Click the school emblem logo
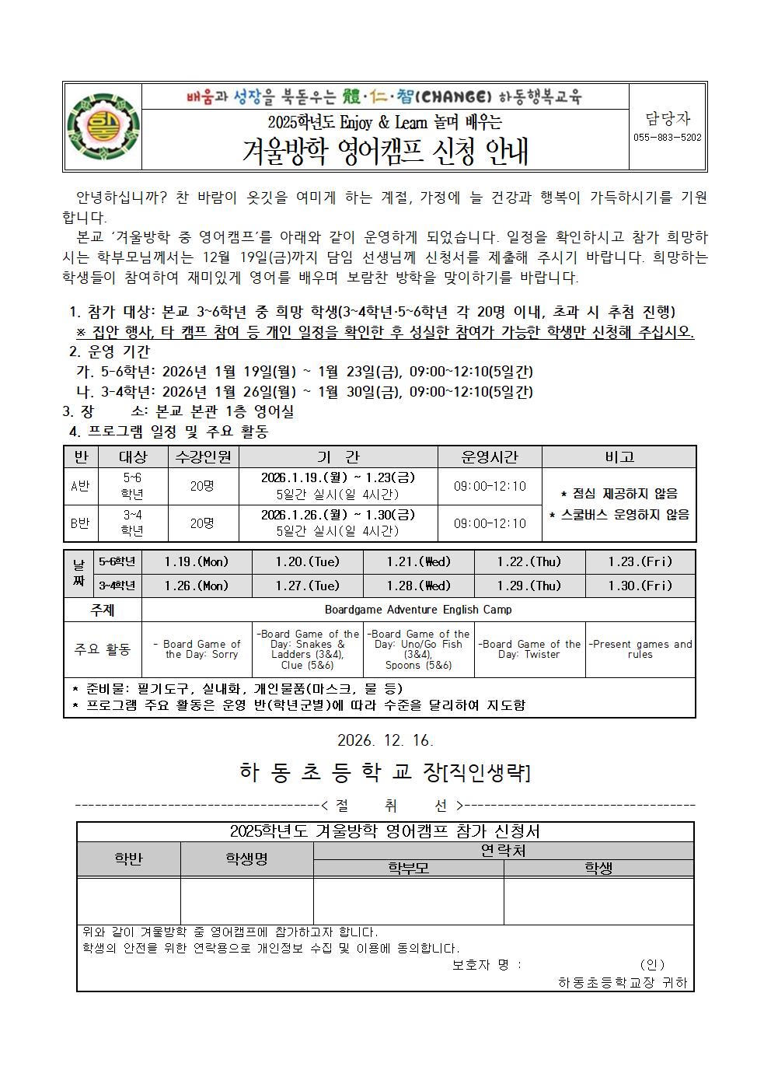pyautogui.click(x=103, y=127)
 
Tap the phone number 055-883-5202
pyautogui.click(x=668, y=138)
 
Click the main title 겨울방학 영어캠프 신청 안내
pyautogui.click(x=385, y=151)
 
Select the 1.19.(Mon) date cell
pyautogui.click(x=197, y=561)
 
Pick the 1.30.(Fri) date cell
pyautogui.click(x=640, y=586)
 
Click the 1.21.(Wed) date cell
pyautogui.click(x=418, y=561)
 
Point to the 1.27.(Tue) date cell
pyautogui.click(x=307, y=586)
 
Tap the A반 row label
pyautogui.click(x=80, y=486)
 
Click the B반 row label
pyautogui.click(x=80, y=523)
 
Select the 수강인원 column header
pyautogui.click(x=202, y=456)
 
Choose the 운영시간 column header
pyautogui.click(x=490, y=456)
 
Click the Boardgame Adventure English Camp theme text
pyautogui.click(x=418, y=610)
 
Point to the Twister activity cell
pyautogui.click(x=529, y=649)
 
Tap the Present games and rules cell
pyautogui.click(x=640, y=649)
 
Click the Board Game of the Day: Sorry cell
pyautogui.click(x=197, y=649)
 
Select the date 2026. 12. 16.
pyautogui.click(x=385, y=740)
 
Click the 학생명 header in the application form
pyautogui.click(x=246, y=859)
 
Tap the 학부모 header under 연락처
pyautogui.click(x=409, y=869)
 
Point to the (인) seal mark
pyautogui.click(x=651, y=964)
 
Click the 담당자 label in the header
pyautogui.click(x=668, y=118)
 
